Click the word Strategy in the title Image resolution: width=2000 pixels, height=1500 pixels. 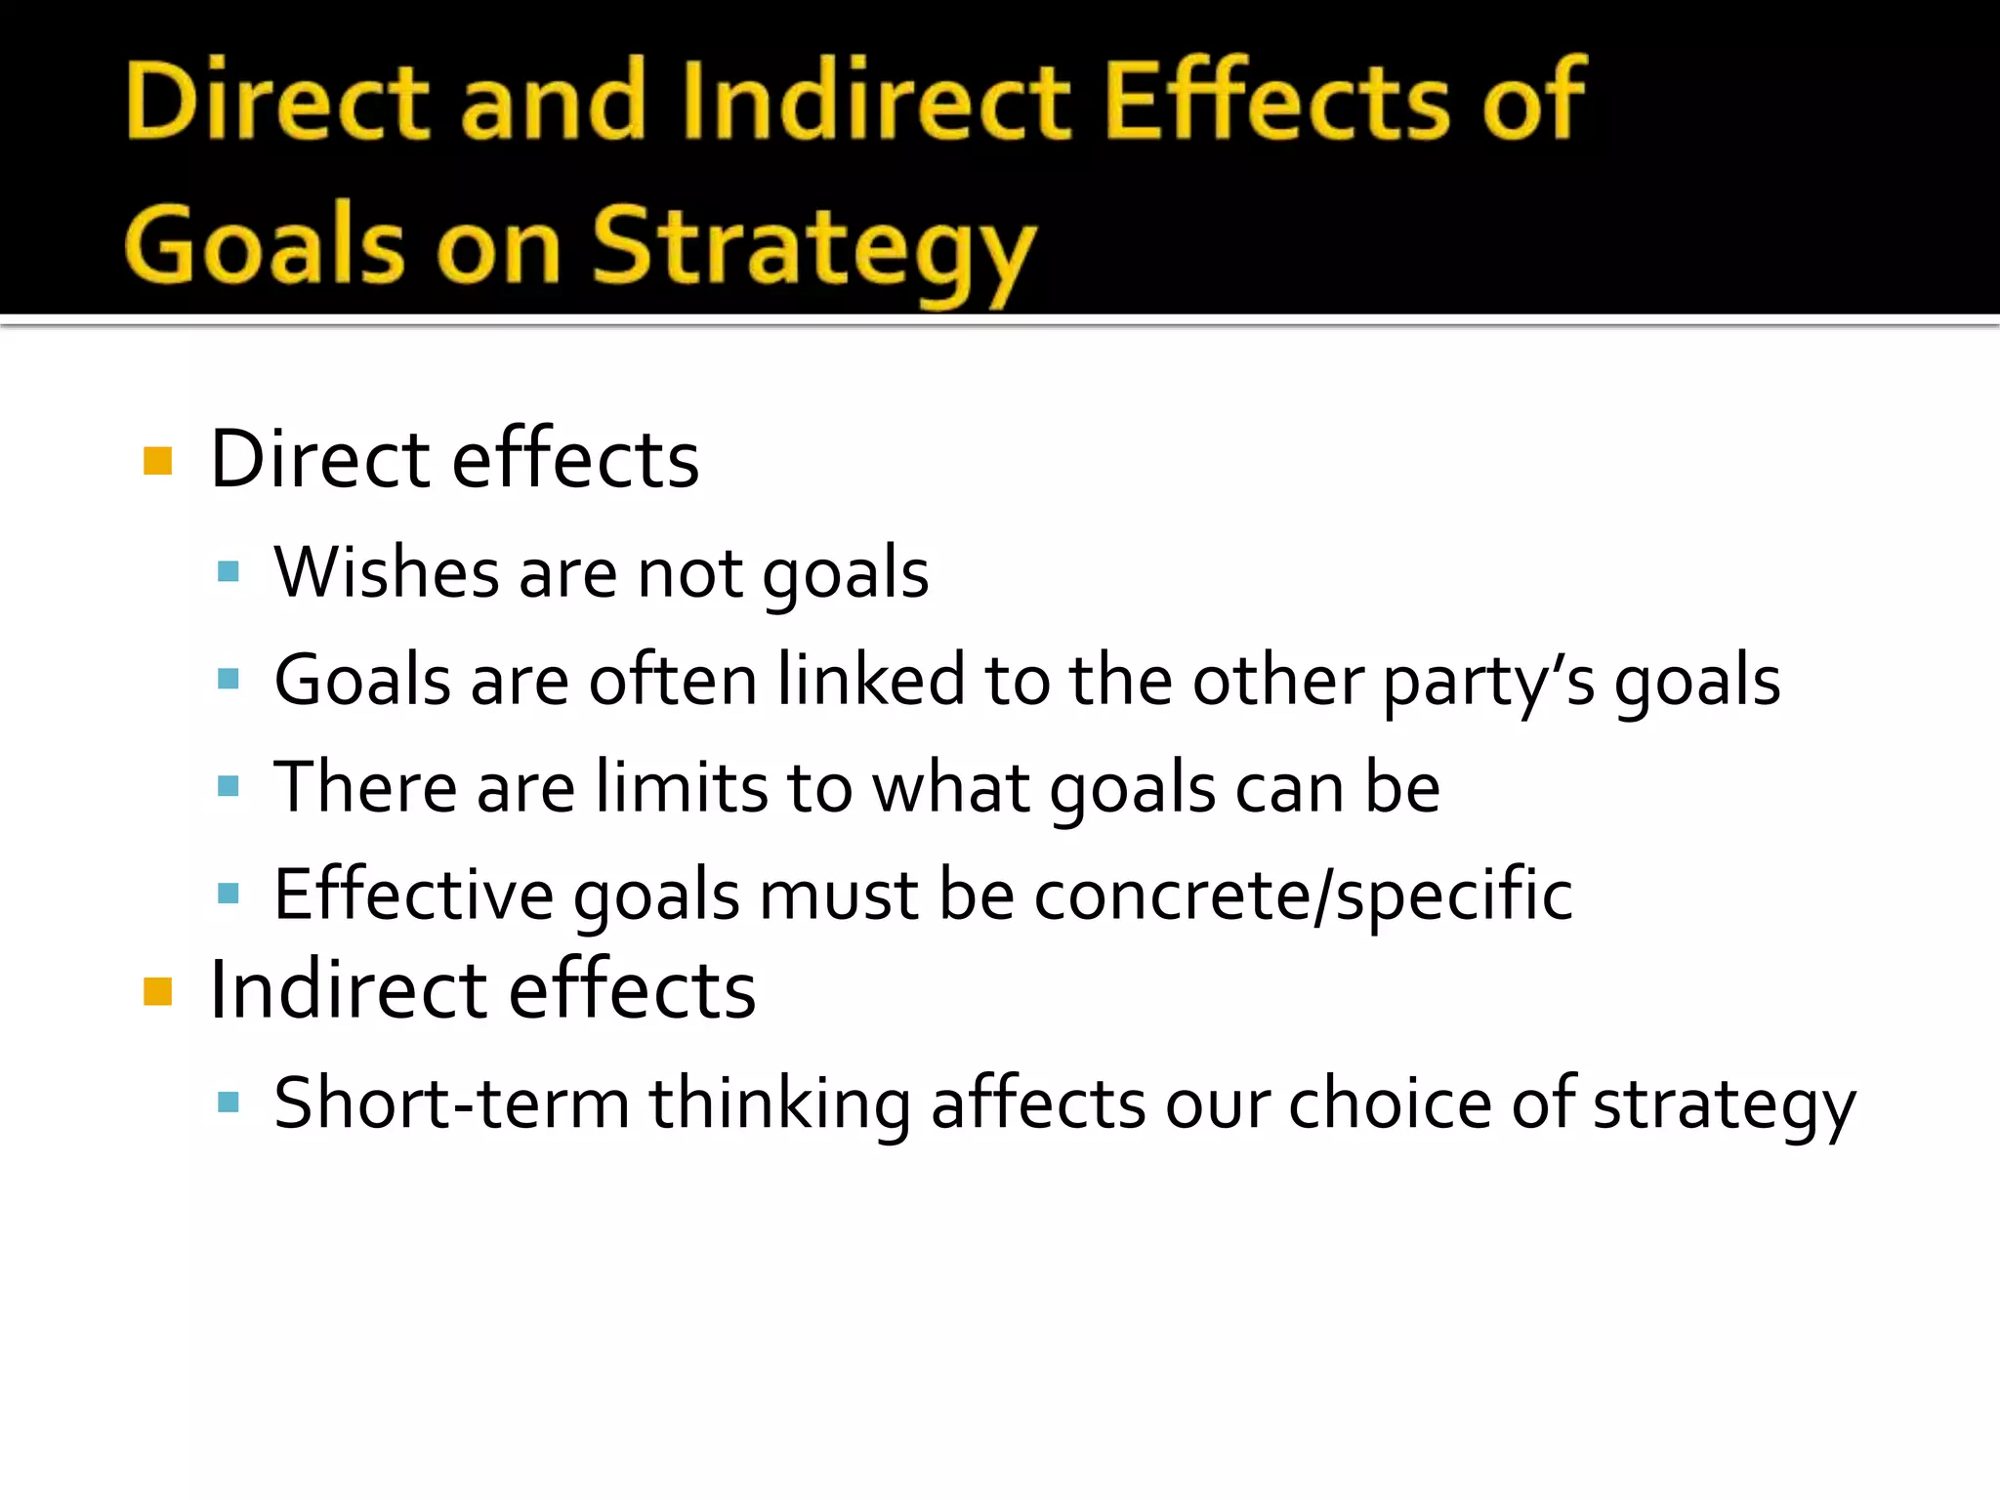[x=813, y=248]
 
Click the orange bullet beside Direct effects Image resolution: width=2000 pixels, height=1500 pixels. [x=157, y=460]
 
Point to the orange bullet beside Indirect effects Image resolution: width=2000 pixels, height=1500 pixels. [x=157, y=991]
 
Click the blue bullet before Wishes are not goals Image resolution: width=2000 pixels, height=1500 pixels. [x=229, y=571]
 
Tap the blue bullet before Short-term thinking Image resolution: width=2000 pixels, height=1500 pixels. [x=229, y=1103]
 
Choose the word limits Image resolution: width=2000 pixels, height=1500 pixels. [x=683, y=787]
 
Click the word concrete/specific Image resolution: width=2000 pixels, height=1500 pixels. [x=1303, y=895]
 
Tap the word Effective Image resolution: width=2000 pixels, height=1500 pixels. [x=413, y=895]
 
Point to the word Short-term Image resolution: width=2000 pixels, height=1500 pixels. [x=451, y=1104]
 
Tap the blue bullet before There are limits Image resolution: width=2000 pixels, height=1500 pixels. [x=229, y=786]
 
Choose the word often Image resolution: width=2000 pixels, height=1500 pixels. [x=673, y=680]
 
